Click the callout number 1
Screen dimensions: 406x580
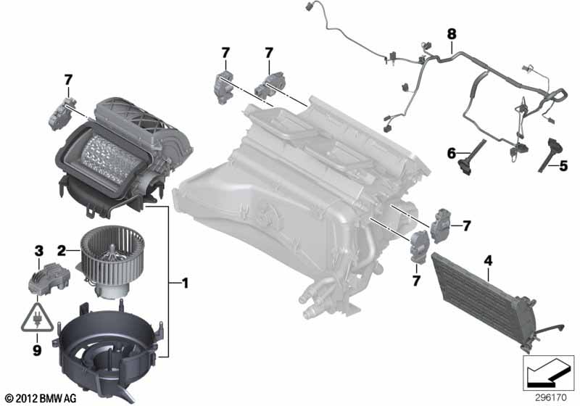click(x=185, y=283)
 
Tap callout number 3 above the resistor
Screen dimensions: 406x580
click(x=38, y=251)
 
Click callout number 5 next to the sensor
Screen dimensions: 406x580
click(x=563, y=166)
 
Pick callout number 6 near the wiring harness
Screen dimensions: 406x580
click(x=450, y=153)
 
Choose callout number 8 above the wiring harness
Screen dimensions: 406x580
click(x=452, y=33)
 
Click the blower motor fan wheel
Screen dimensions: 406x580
click(x=109, y=254)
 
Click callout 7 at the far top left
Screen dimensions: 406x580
click(x=68, y=79)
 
